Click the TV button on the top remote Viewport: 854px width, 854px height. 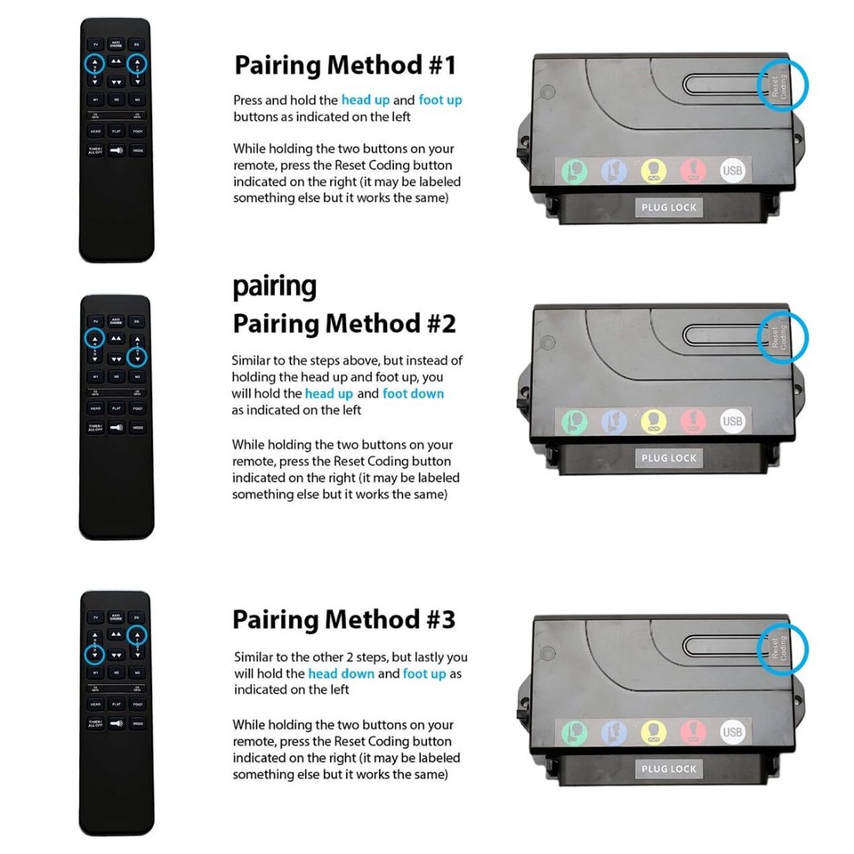pos(95,44)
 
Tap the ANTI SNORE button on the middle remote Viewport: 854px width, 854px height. pos(116,320)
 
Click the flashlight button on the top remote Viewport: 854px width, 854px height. pos(116,153)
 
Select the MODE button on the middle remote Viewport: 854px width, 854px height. pos(138,428)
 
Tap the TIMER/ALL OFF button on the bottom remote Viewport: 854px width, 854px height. pos(95,724)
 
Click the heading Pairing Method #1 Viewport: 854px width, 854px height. pos(345,65)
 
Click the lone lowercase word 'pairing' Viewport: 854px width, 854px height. pos(274,286)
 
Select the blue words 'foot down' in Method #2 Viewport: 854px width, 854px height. pos(413,393)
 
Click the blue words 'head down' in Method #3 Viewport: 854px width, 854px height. pos(342,673)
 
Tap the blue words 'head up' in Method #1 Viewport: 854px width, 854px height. pos(365,101)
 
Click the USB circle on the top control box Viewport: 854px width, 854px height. pos(732,170)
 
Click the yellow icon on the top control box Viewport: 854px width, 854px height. pos(654,170)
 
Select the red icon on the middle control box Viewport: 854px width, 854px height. pos(693,421)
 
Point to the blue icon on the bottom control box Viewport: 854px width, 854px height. pos(614,732)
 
